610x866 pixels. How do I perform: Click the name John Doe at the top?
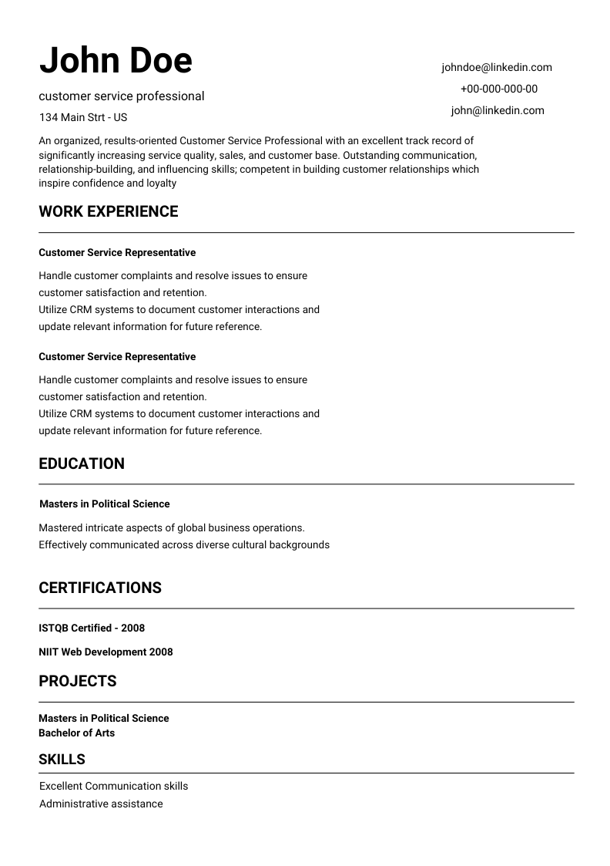(116, 60)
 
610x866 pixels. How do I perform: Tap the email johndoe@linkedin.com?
(497, 67)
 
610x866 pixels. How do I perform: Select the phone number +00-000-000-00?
(499, 89)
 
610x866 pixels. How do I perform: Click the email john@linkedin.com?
(498, 110)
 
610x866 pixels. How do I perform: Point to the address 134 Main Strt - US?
(83, 117)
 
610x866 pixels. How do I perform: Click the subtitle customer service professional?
(122, 96)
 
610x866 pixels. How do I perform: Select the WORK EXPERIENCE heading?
(108, 211)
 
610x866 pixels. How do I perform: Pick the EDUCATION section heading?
(82, 463)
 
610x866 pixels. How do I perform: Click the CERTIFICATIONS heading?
(100, 588)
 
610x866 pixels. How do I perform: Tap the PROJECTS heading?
(78, 681)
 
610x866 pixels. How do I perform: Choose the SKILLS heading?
(62, 759)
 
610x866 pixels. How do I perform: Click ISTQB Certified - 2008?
(92, 628)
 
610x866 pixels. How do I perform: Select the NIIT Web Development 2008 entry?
(106, 652)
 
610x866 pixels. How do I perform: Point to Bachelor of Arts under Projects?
(76, 733)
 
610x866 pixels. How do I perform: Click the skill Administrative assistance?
(101, 804)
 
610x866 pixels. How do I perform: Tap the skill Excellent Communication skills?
(113, 786)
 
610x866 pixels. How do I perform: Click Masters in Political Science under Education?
(104, 504)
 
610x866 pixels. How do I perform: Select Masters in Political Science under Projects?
(103, 718)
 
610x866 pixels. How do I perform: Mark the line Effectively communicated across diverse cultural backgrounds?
(184, 544)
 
